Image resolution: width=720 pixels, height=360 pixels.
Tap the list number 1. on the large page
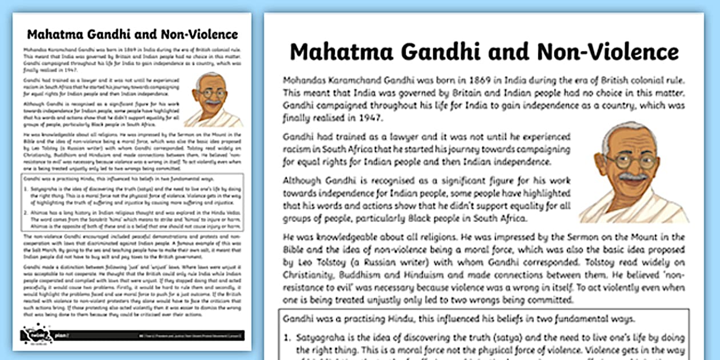point(287,337)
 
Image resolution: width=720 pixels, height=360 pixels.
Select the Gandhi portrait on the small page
point(214,99)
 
